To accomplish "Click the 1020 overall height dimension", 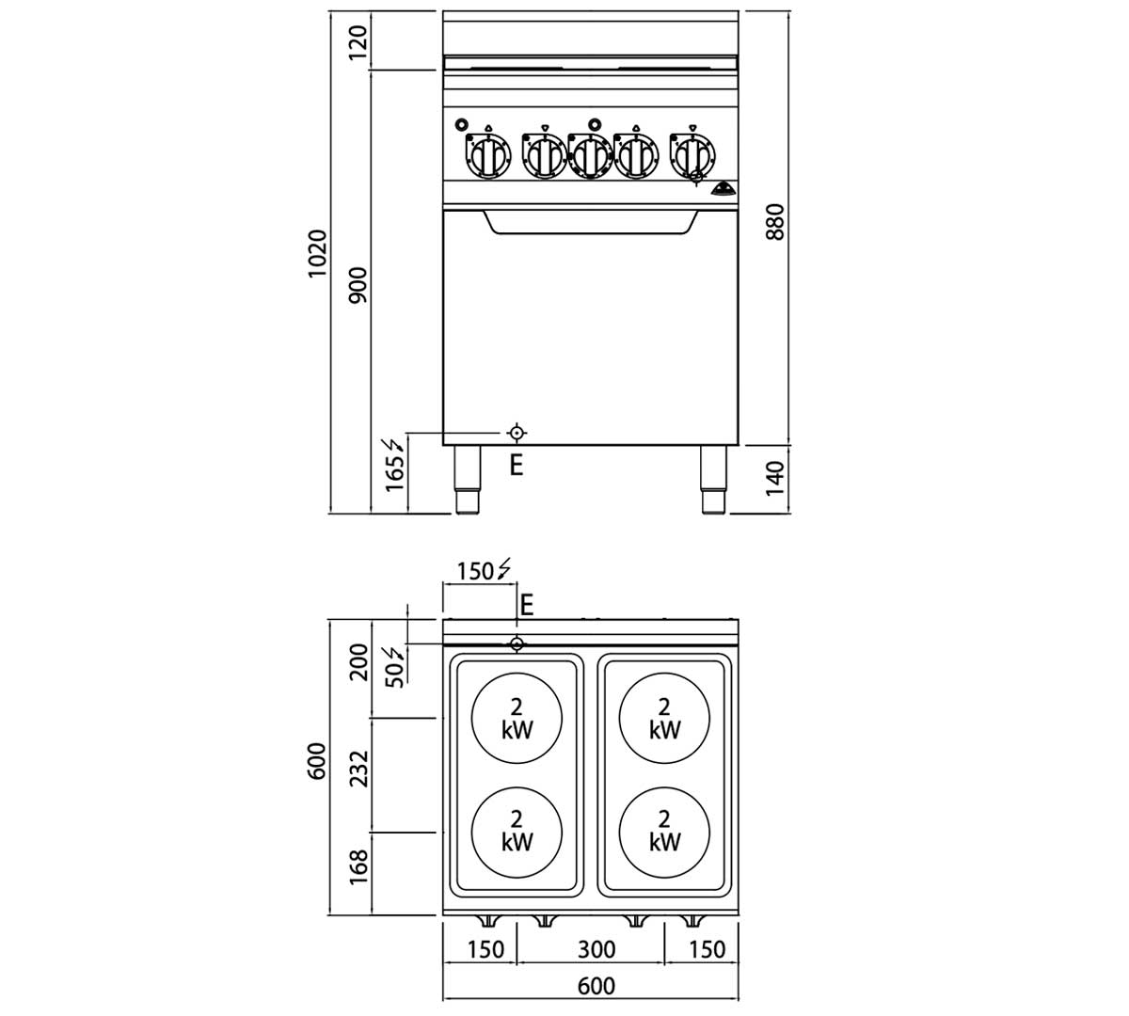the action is (317, 253).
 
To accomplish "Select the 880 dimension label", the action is (775, 222).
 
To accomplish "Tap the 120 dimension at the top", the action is (358, 42).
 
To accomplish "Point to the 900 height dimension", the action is (358, 285).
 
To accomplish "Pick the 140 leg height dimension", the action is (775, 479).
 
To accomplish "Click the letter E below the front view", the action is (517, 466).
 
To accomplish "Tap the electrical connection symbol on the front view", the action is (517, 433).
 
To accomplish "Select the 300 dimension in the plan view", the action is (596, 949).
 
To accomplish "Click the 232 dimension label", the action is (358, 769).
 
